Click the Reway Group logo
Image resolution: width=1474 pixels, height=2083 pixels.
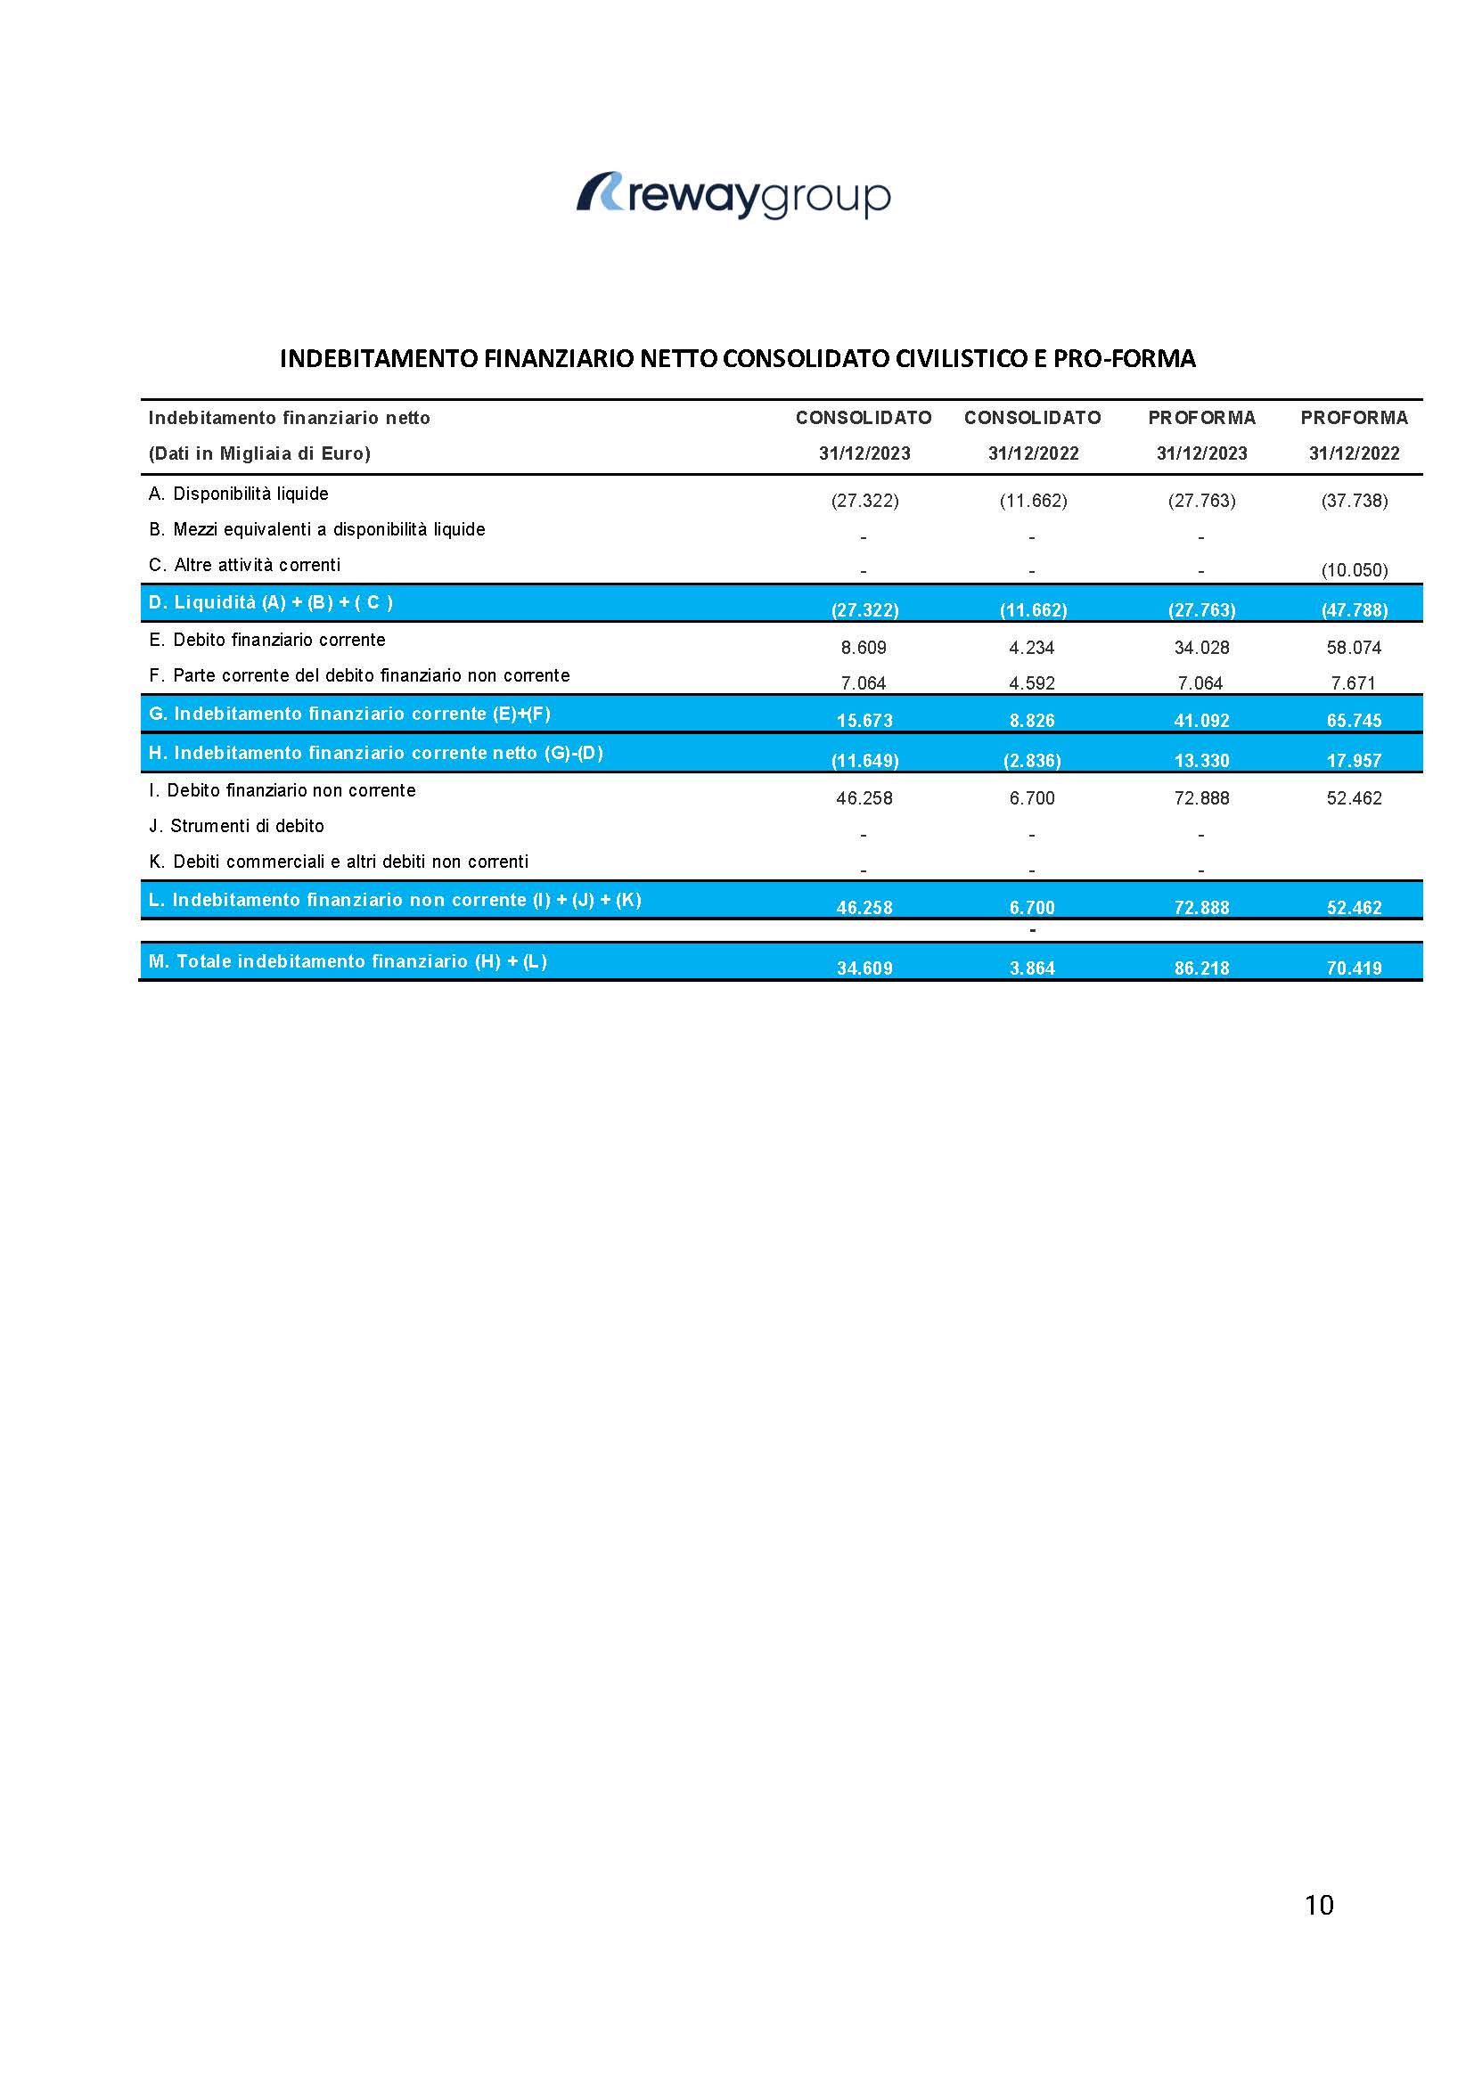[x=733, y=195]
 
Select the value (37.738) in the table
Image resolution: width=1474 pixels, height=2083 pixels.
[x=1355, y=501]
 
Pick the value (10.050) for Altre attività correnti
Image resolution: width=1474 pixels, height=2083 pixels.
[x=1355, y=571]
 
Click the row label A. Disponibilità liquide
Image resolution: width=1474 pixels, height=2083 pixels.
[x=239, y=494]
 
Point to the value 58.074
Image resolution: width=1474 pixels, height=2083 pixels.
[x=1355, y=648]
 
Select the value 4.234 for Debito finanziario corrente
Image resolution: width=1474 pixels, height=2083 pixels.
[x=1032, y=648]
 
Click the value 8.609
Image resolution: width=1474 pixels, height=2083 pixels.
[x=864, y=648]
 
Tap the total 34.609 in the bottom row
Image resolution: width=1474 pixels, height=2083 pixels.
[x=864, y=968]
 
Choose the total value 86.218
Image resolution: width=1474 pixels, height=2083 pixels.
[x=1201, y=968]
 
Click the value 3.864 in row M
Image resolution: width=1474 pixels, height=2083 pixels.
[x=1032, y=968]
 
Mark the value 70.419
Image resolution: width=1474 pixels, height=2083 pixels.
[x=1355, y=968]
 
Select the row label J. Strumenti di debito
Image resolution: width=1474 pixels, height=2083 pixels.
[x=237, y=827]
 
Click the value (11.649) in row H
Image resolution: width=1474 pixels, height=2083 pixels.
[x=864, y=761]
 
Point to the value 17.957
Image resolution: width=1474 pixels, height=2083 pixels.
[x=1355, y=761]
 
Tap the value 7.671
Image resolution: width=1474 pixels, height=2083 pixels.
[x=1355, y=683]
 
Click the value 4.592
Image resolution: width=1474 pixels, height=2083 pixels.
[x=1032, y=683]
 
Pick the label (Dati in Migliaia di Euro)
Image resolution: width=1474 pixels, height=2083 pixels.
[x=259, y=453]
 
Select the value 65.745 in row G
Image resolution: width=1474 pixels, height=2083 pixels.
[x=1355, y=722]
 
